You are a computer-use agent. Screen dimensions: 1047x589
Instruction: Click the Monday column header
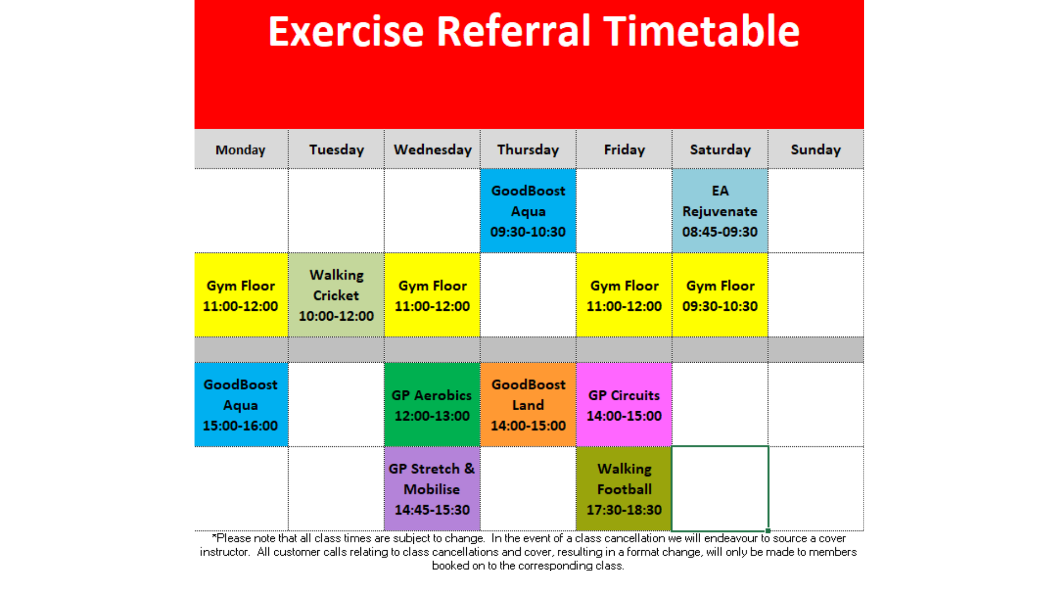click(240, 149)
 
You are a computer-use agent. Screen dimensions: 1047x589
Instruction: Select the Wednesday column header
click(432, 149)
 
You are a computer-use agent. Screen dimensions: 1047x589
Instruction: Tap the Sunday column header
click(816, 149)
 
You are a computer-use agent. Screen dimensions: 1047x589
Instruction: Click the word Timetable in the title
click(702, 31)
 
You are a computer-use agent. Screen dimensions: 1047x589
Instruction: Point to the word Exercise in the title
click(346, 31)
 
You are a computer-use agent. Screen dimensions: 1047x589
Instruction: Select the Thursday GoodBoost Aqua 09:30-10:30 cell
click(528, 211)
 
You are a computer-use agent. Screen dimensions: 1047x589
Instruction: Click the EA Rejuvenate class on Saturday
click(720, 211)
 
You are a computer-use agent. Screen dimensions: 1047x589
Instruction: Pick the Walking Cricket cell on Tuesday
click(336, 295)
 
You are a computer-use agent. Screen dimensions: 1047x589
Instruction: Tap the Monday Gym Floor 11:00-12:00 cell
click(241, 295)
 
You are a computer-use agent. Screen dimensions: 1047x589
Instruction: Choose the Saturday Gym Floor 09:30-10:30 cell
click(720, 295)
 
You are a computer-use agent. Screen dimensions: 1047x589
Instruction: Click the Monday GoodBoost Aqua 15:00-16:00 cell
click(241, 405)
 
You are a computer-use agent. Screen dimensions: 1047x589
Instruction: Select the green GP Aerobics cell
click(432, 405)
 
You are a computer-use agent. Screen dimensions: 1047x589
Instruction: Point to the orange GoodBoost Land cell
click(528, 405)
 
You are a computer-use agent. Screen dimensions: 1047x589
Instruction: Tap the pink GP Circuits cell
click(624, 405)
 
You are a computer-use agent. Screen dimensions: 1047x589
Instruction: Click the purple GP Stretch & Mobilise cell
click(432, 489)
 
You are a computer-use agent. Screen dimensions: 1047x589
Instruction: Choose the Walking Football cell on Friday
click(624, 489)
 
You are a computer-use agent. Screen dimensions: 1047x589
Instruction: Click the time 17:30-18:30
click(624, 510)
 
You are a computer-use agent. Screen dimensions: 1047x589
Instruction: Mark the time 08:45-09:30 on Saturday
click(720, 232)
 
